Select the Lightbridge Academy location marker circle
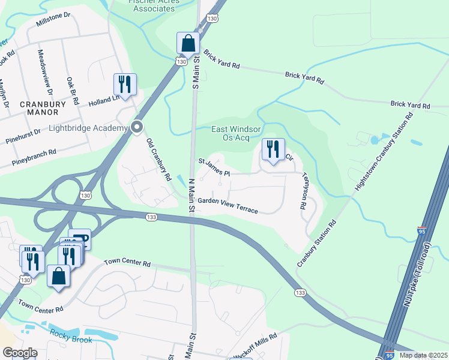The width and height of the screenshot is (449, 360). tap(137, 127)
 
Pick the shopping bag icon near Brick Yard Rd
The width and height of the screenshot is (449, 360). tap(188, 43)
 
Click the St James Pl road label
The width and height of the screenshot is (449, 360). tap(214, 167)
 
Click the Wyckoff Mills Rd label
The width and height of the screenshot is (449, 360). tap(254, 345)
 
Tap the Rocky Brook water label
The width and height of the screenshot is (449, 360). tap(71, 338)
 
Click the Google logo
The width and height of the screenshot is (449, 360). tap(20, 353)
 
